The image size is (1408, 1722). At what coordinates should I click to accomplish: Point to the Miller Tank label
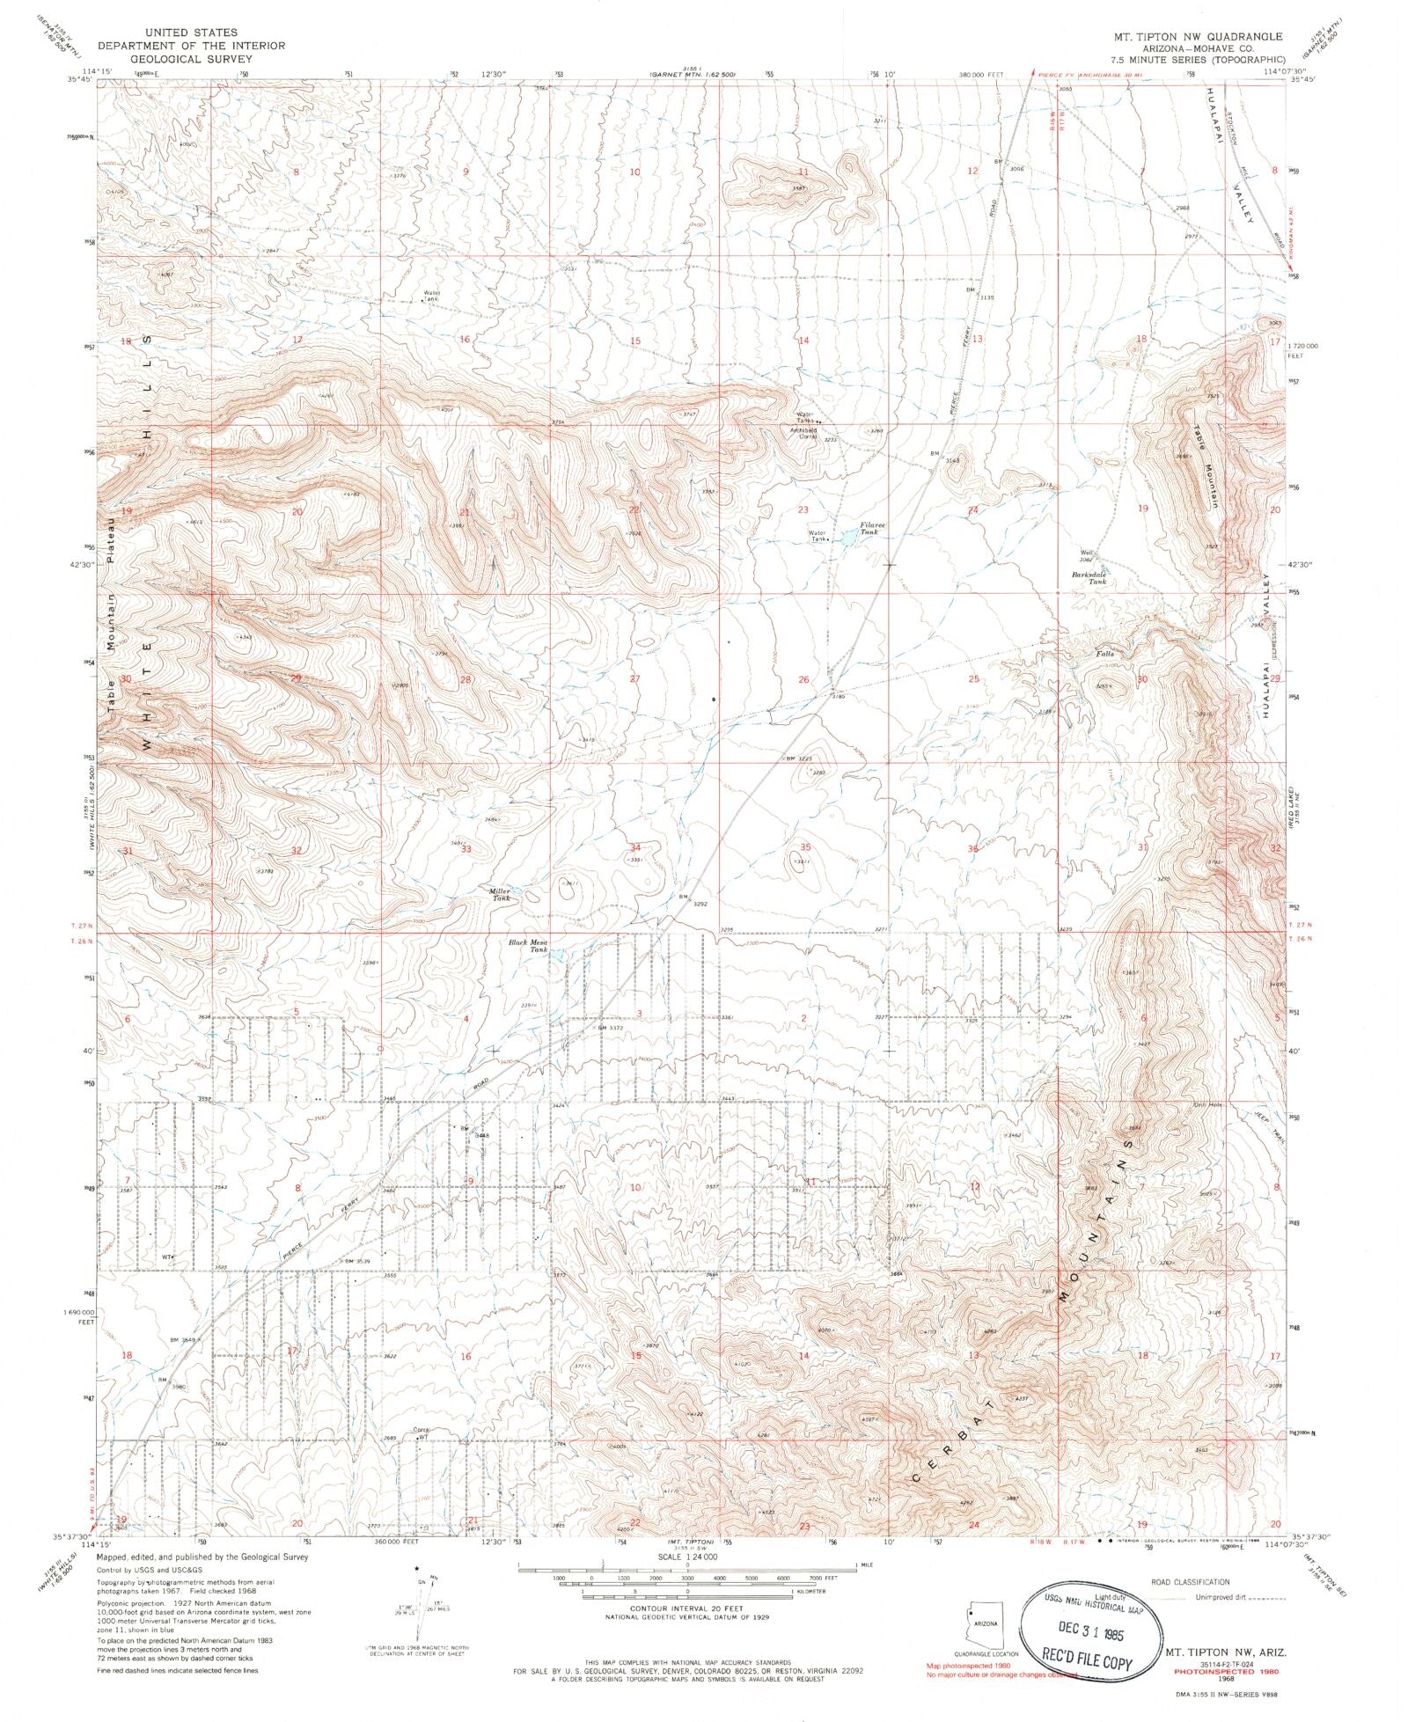(500, 894)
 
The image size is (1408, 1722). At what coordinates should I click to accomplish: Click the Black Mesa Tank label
(529, 946)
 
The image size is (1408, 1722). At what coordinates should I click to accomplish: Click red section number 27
(634, 679)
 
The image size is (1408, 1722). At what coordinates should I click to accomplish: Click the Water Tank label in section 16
(430, 296)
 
